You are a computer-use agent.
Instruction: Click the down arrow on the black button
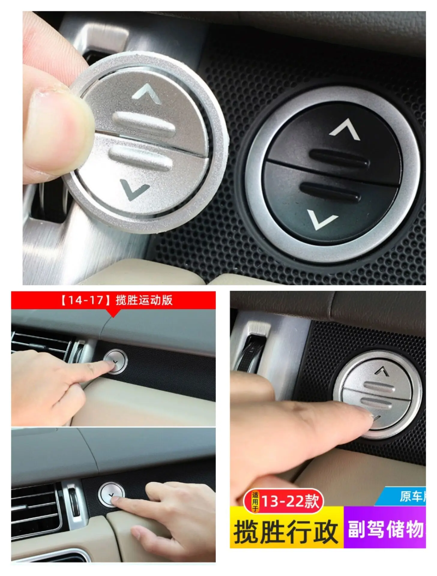tap(322, 220)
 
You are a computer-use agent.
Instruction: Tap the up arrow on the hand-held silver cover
tap(147, 94)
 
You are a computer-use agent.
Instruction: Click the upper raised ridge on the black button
tap(339, 158)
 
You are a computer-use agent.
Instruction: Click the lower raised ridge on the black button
tap(330, 191)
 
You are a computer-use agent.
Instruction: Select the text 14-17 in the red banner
tap(86, 300)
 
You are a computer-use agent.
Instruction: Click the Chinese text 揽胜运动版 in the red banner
tap(144, 300)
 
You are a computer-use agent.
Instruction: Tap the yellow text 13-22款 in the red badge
tap(290, 501)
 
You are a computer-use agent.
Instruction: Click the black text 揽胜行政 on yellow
tap(286, 532)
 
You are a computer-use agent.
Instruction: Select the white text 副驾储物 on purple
tap(386, 529)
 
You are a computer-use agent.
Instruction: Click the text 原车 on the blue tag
tap(411, 496)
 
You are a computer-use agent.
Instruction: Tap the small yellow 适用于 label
tap(255, 502)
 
